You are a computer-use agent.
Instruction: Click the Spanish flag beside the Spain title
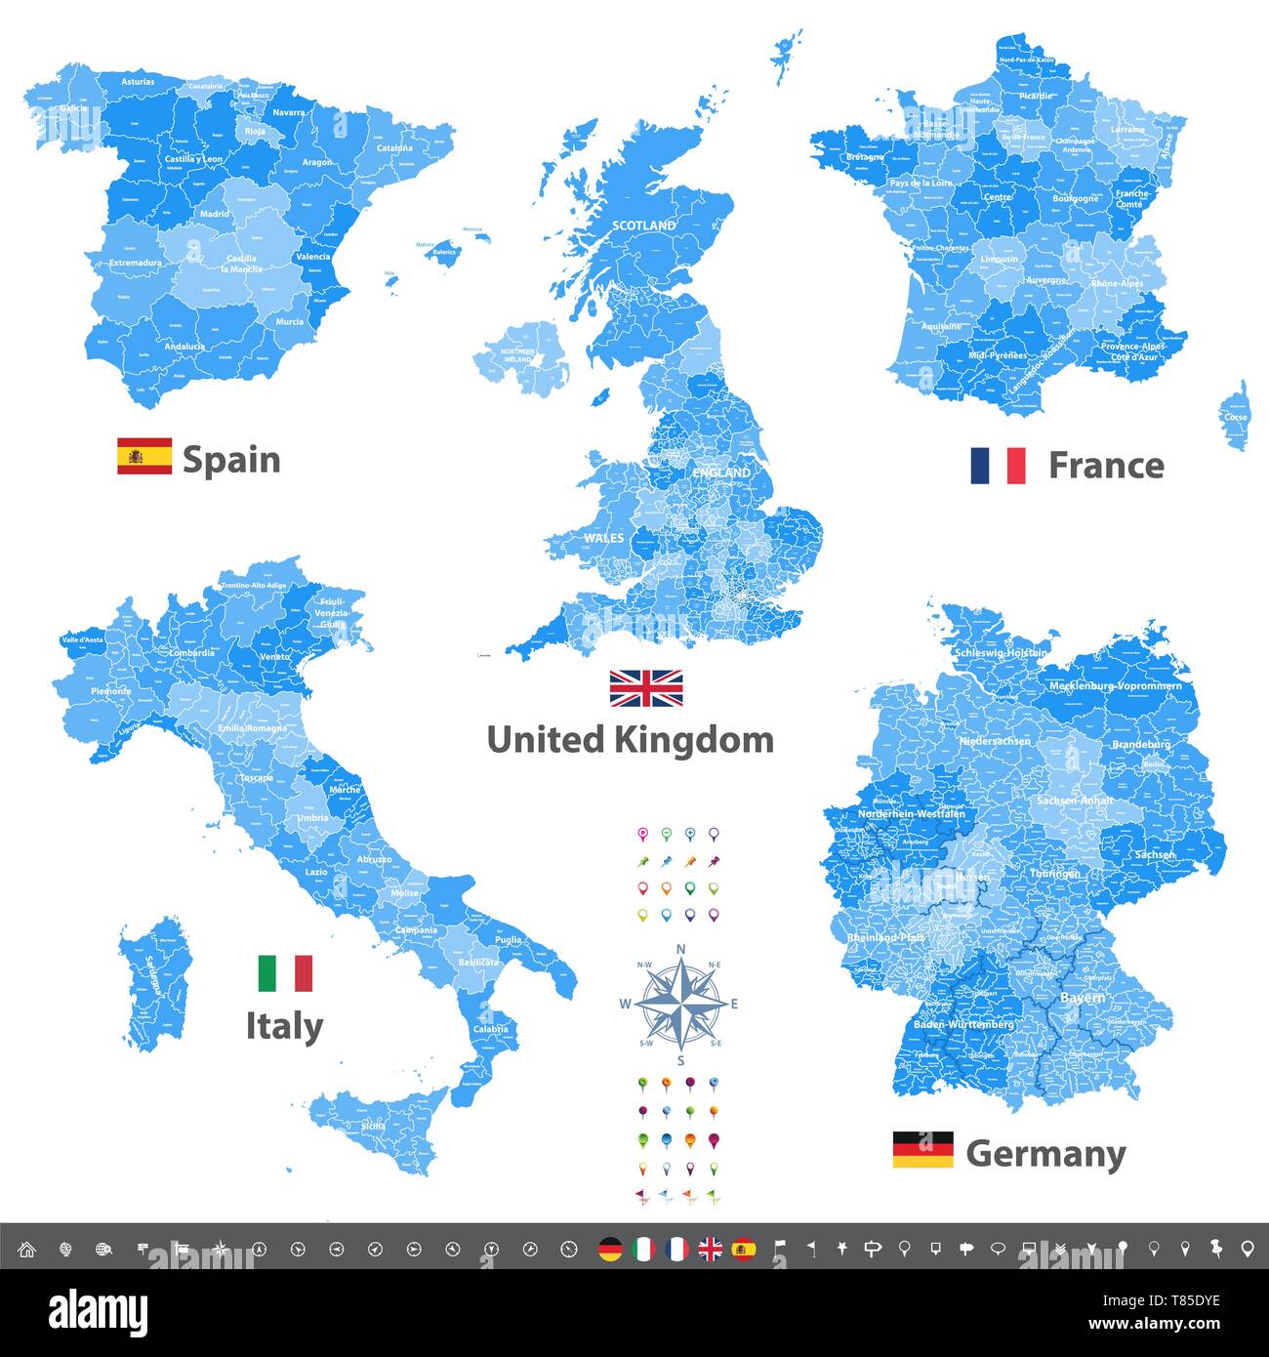click(144, 457)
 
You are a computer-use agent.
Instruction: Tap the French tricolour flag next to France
click(998, 466)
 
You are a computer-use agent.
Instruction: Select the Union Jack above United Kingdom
click(646, 688)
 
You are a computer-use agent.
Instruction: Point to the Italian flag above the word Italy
click(285, 973)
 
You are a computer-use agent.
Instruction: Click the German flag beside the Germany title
click(922, 1150)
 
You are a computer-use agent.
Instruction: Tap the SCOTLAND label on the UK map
click(643, 226)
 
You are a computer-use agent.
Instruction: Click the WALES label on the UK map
click(603, 538)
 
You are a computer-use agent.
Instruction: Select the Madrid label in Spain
click(215, 214)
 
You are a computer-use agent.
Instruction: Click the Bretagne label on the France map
click(865, 156)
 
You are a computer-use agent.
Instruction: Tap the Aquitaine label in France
click(941, 326)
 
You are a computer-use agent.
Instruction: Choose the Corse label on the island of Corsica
click(1235, 417)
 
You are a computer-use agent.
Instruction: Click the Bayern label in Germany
click(1083, 998)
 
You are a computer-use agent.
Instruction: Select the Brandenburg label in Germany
click(1140, 745)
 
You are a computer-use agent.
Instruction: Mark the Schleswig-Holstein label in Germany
click(1003, 652)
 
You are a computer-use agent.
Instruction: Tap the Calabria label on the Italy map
click(490, 1029)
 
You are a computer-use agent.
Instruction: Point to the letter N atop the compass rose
click(680, 949)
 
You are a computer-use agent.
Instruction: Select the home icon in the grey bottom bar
click(26, 1249)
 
